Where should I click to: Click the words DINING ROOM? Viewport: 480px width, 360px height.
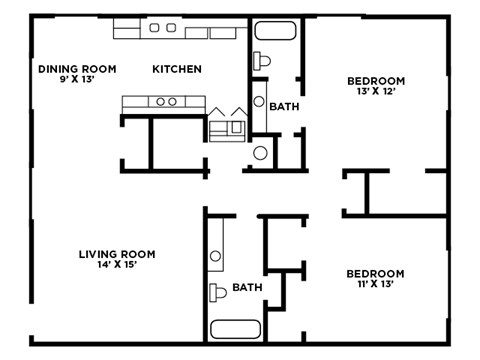tap(77, 69)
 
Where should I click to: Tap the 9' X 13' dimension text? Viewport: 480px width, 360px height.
tap(77, 80)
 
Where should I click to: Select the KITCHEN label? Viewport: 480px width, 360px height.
tap(177, 69)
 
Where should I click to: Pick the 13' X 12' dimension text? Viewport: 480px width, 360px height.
tap(375, 93)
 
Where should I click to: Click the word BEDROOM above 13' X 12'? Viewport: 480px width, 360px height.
tap(375, 81)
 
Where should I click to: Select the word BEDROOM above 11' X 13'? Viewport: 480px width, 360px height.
tap(375, 274)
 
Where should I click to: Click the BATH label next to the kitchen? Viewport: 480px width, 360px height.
tap(283, 106)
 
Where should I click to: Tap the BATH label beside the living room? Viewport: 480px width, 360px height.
tap(247, 287)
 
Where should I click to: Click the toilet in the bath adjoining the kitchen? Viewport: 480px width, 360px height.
tap(261, 60)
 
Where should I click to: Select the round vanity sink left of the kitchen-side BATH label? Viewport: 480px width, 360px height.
tap(259, 101)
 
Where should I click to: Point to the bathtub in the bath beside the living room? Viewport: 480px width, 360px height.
tap(237, 329)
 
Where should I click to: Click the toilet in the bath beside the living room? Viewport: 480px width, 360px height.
tap(217, 293)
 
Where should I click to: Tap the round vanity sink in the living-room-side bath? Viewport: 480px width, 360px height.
tap(216, 256)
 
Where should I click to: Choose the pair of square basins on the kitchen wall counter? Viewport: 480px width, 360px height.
tap(162, 29)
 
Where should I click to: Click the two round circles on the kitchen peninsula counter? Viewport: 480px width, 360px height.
tap(166, 101)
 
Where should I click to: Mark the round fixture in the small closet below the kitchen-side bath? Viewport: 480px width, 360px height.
tap(259, 153)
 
